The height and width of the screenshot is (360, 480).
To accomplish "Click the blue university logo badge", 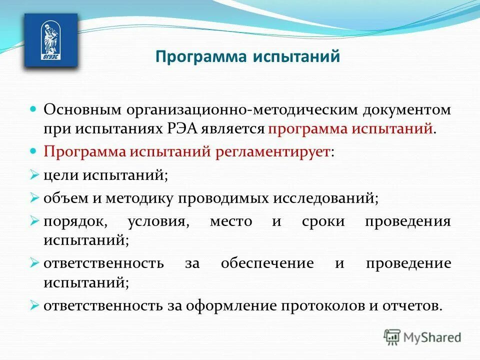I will (x=51, y=40).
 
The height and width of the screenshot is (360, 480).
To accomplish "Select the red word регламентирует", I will (x=273, y=151).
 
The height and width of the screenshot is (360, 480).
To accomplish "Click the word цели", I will (x=62, y=175).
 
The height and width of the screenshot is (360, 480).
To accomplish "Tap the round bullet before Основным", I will (x=34, y=108).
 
